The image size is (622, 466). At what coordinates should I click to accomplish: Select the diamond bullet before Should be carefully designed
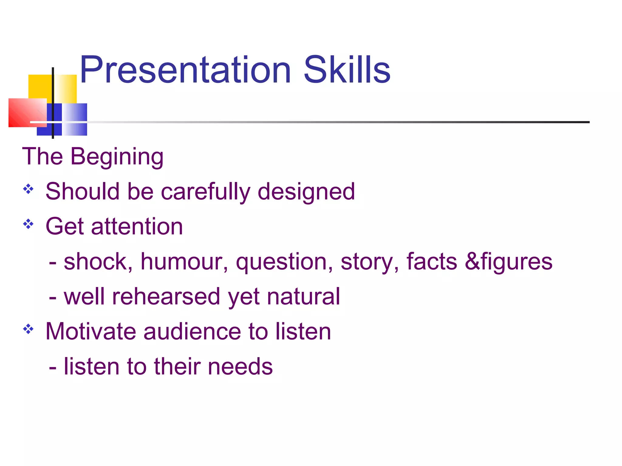pyautogui.click(x=28, y=189)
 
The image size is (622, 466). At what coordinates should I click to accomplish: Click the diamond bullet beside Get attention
pyautogui.click(x=28, y=224)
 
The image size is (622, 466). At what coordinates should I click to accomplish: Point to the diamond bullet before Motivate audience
pyautogui.click(x=28, y=329)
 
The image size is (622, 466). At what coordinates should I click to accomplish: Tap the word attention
pyautogui.click(x=137, y=227)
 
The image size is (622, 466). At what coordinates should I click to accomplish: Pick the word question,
pyautogui.click(x=284, y=262)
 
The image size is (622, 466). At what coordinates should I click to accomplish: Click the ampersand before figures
pyautogui.click(x=472, y=262)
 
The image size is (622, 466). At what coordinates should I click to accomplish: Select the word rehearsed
pyautogui.click(x=166, y=296)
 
